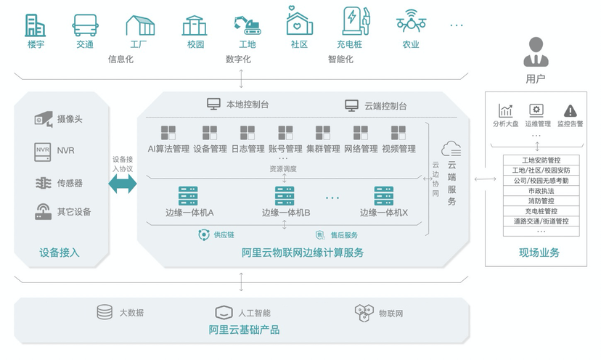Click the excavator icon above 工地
tap(247, 24)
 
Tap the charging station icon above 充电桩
tap(354, 22)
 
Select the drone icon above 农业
tap(411, 22)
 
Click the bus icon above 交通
tap(85, 24)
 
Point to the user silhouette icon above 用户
tap(536, 52)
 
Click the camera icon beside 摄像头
tap(43, 118)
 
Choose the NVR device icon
tap(44, 151)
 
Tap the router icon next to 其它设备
tap(44, 211)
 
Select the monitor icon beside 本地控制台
tap(214, 105)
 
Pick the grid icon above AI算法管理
tap(168, 133)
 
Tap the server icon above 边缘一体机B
tap(285, 196)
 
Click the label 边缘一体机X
tap(383, 213)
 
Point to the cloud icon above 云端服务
tap(451, 149)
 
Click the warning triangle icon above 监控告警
tap(571, 110)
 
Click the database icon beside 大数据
tap(105, 312)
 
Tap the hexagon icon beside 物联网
tap(364, 313)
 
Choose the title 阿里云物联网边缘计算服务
tap(303, 253)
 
